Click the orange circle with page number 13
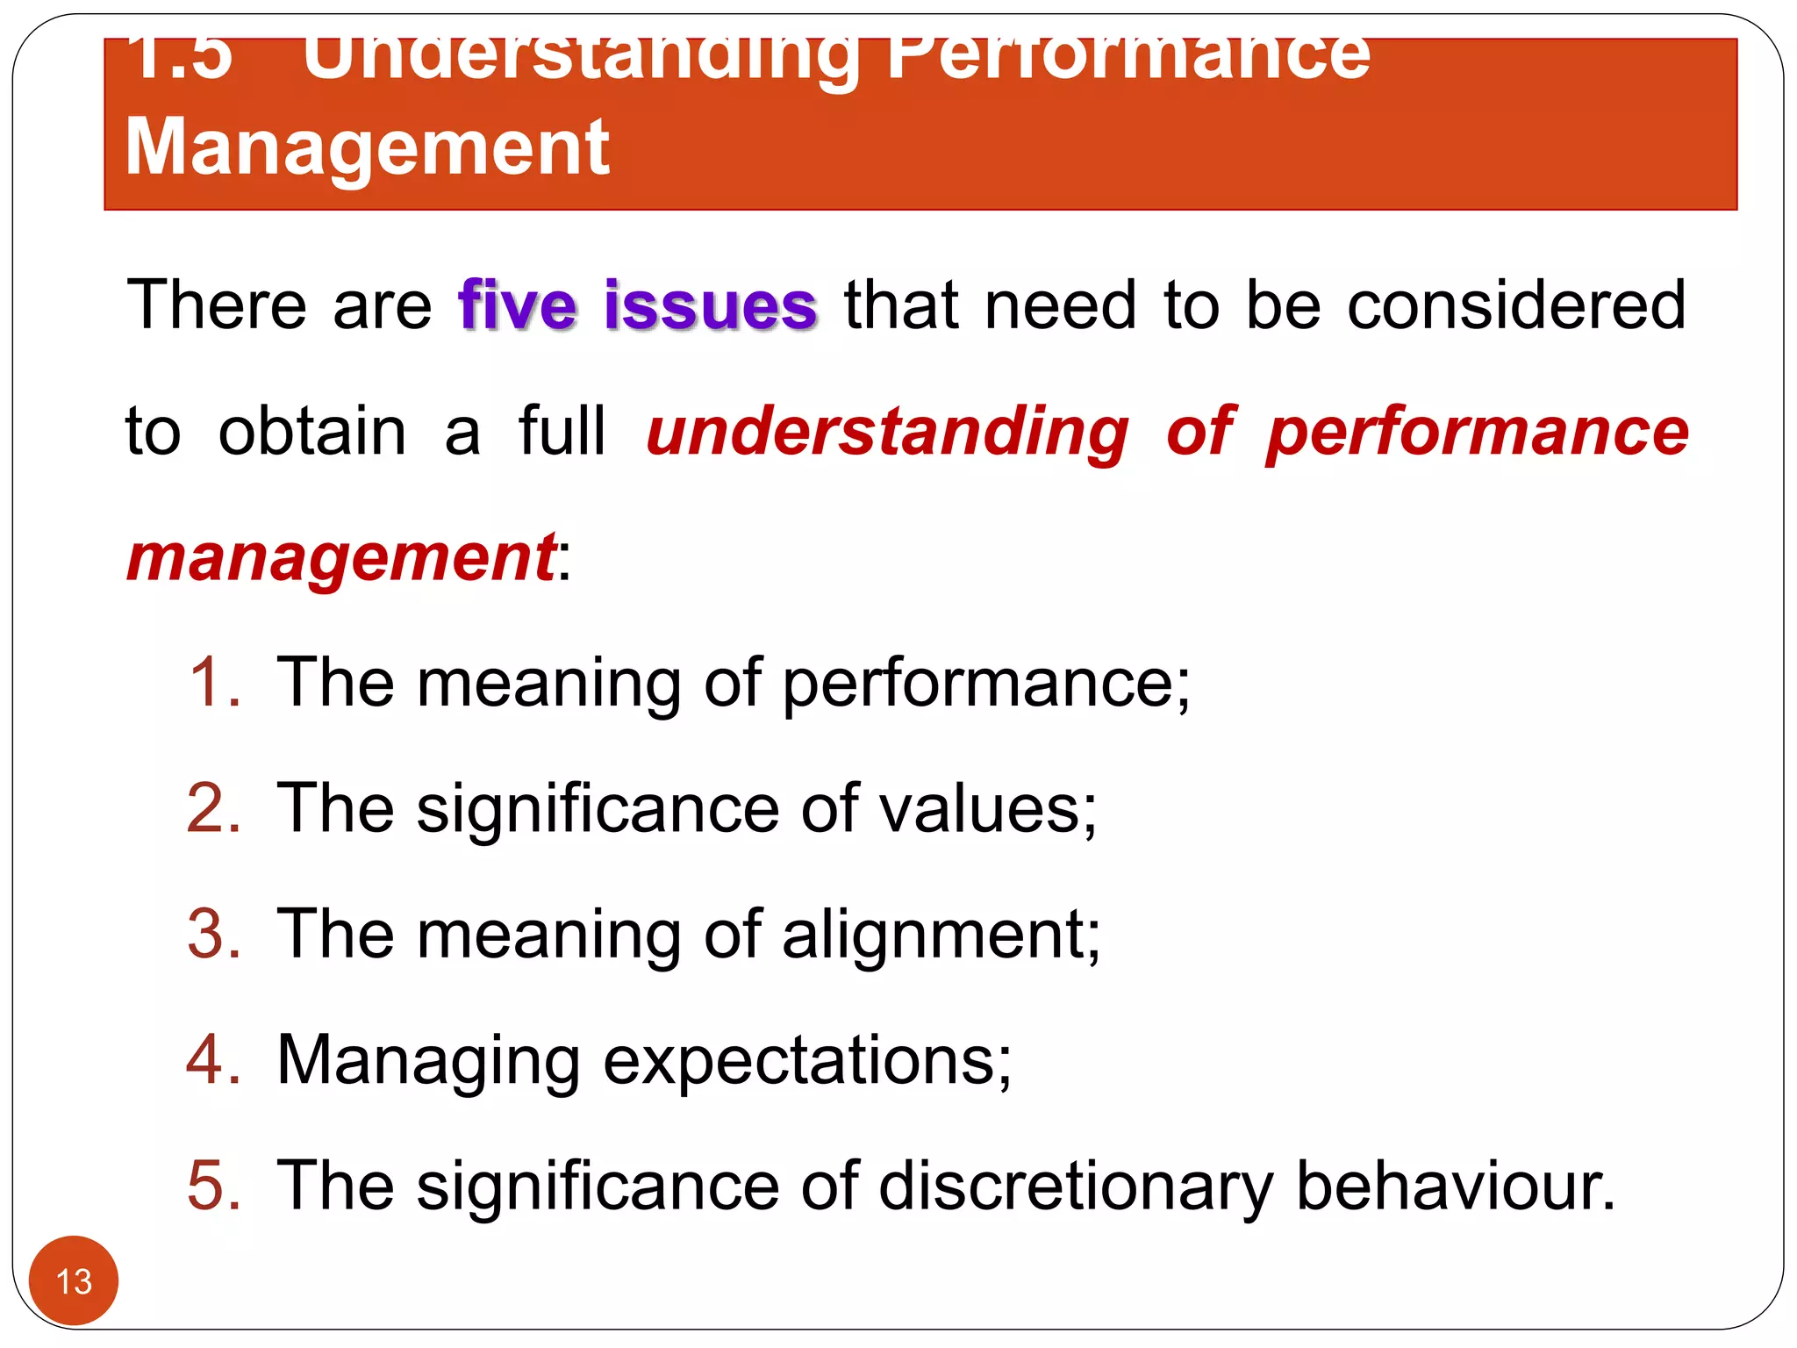pyautogui.click(x=74, y=1280)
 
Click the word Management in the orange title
pyautogui.click(x=368, y=147)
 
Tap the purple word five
pyautogui.click(x=518, y=305)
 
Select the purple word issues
pyautogui.click(x=711, y=305)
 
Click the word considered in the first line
pyautogui.click(x=1516, y=305)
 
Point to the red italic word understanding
pyautogui.click(x=887, y=432)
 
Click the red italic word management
pyautogui.click(x=340, y=558)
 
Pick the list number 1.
pyautogui.click(x=213, y=682)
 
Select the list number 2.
pyautogui.click(x=213, y=807)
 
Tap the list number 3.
pyautogui.click(x=213, y=934)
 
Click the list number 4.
pyautogui.click(x=213, y=1059)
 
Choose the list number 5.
pyautogui.click(x=213, y=1185)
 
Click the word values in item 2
pyautogui.click(x=986, y=807)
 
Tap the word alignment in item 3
pyautogui.click(x=940, y=934)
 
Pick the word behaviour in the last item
pyautogui.click(x=1454, y=1185)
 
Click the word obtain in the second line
pyautogui.click(x=312, y=432)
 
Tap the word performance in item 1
pyautogui.click(x=985, y=684)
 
